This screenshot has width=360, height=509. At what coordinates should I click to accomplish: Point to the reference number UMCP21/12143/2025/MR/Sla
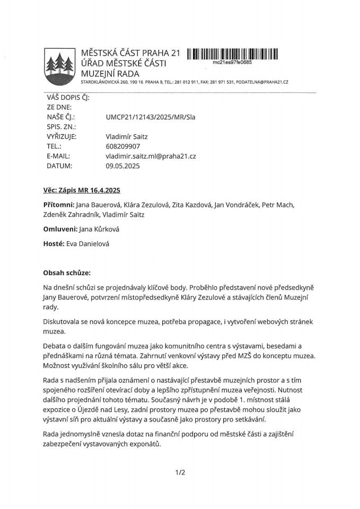[151, 117]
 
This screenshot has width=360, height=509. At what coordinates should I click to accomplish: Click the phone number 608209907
[123, 146]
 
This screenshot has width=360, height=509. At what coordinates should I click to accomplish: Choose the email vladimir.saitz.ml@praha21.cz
[151, 156]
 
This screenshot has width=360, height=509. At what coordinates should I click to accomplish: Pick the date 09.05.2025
[122, 166]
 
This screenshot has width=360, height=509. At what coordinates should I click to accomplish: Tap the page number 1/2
[180, 472]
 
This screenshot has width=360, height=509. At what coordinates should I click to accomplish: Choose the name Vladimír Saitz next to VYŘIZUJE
[127, 136]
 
